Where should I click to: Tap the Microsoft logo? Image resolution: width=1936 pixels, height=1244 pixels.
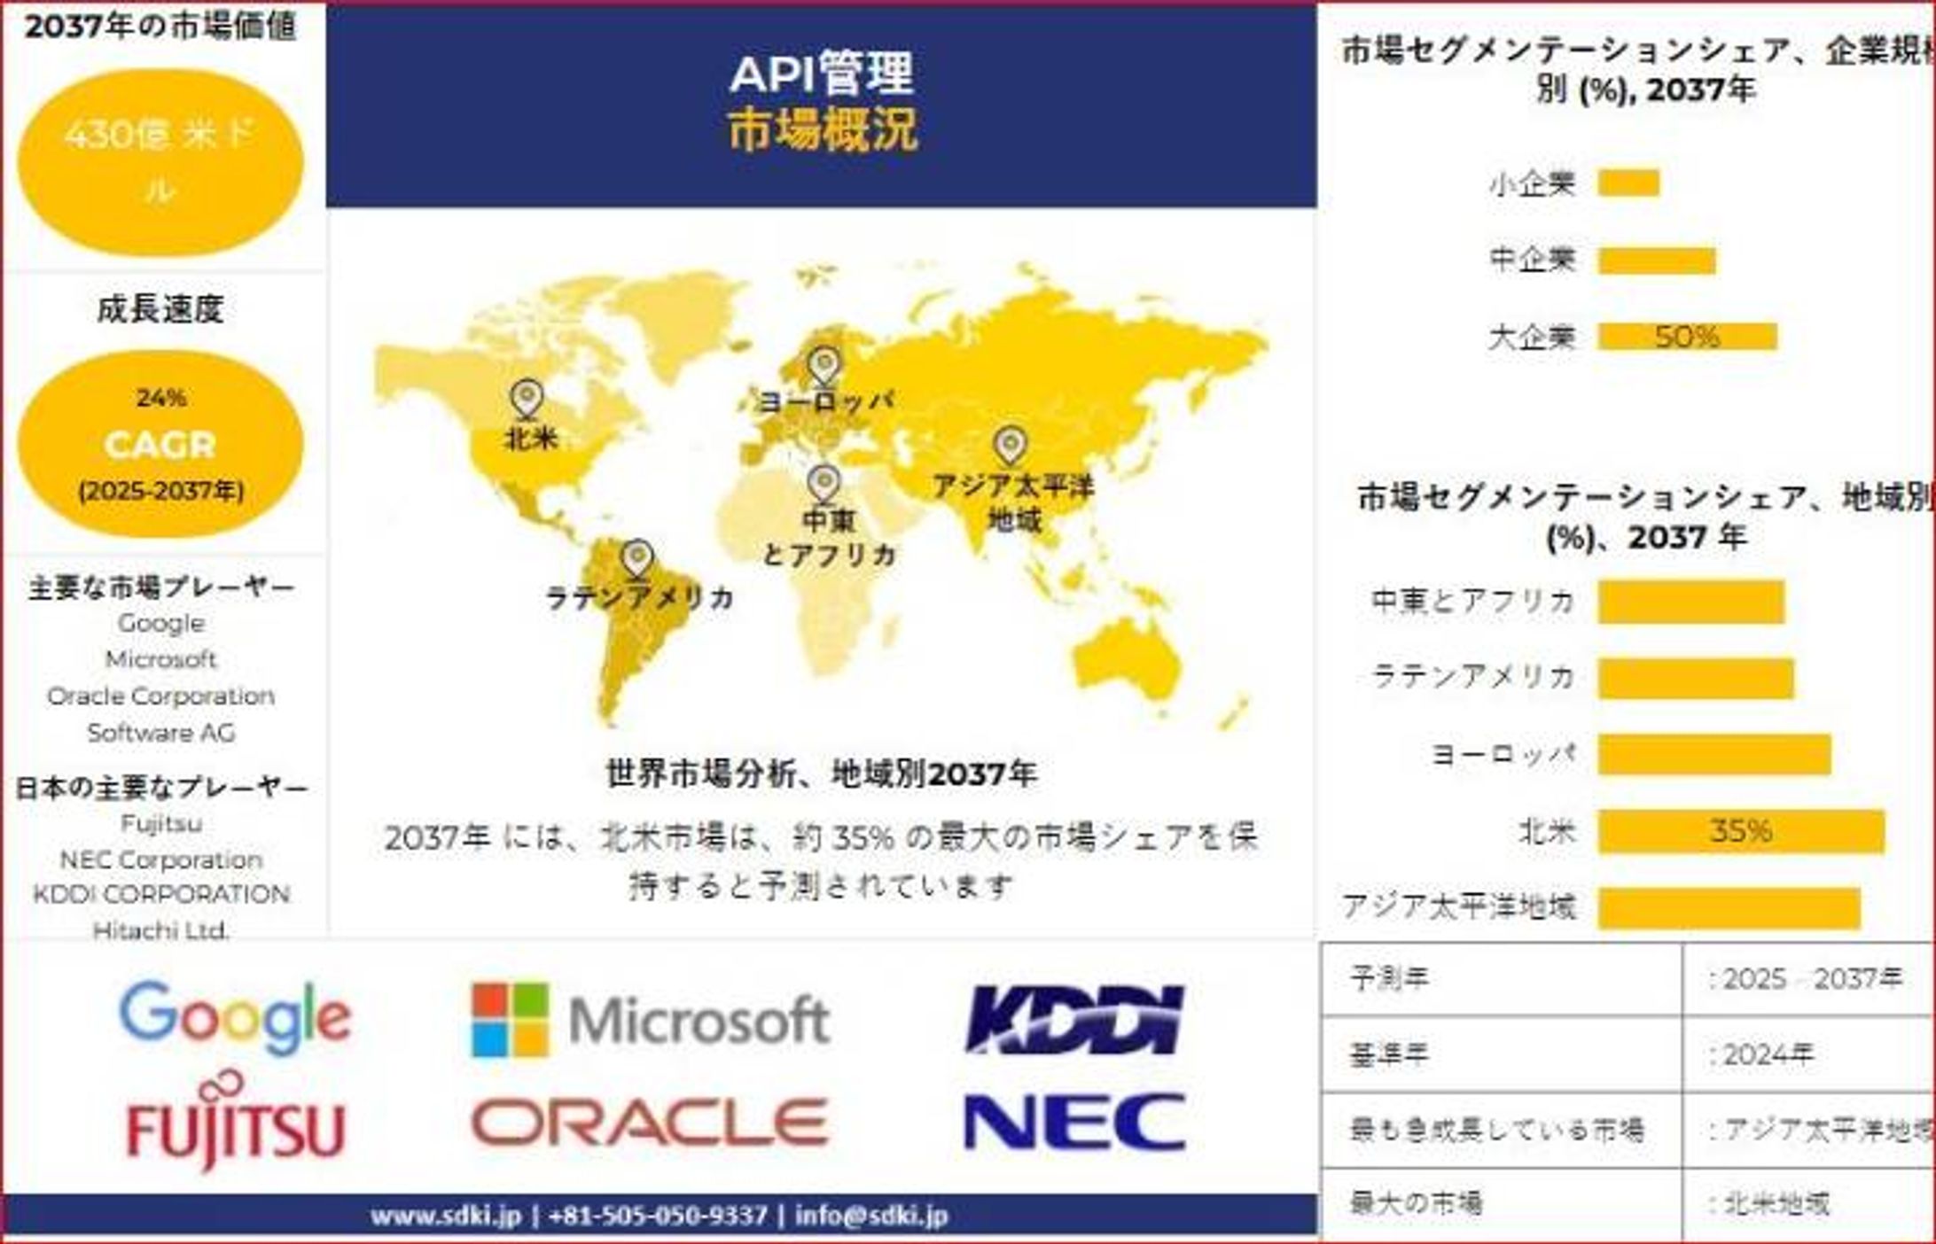pyautogui.click(x=651, y=1020)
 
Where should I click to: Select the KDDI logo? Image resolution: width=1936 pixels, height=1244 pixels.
pyautogui.click(x=1074, y=1020)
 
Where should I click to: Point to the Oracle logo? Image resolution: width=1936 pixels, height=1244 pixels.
pyautogui.click(x=650, y=1123)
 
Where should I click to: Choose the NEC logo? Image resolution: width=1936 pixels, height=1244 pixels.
pyautogui.click(x=1074, y=1123)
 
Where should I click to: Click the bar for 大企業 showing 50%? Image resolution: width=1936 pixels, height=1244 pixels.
pyautogui.click(x=1687, y=337)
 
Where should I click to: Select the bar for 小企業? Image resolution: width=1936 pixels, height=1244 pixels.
pyautogui.click(x=1628, y=183)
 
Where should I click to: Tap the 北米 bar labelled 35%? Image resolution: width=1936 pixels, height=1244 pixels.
pyautogui.click(x=1741, y=831)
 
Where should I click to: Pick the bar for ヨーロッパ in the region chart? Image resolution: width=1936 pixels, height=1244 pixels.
pyautogui.click(x=1714, y=755)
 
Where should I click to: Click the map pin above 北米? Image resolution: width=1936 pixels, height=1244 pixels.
pyautogui.click(x=527, y=398)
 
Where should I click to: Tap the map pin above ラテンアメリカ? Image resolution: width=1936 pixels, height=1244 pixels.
pyautogui.click(x=637, y=559)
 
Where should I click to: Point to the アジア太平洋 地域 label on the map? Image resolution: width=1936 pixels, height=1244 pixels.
pyautogui.click(x=1013, y=502)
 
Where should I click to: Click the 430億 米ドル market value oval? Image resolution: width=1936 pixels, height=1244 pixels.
pyautogui.click(x=160, y=162)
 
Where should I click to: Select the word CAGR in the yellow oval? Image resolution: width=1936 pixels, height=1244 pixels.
pyautogui.click(x=160, y=445)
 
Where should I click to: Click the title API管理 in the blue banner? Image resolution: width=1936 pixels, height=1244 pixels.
pyautogui.click(x=821, y=73)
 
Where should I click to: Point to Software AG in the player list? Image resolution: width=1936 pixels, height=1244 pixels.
pyautogui.click(x=160, y=733)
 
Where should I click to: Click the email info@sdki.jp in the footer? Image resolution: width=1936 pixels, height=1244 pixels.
pyautogui.click(x=871, y=1216)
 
